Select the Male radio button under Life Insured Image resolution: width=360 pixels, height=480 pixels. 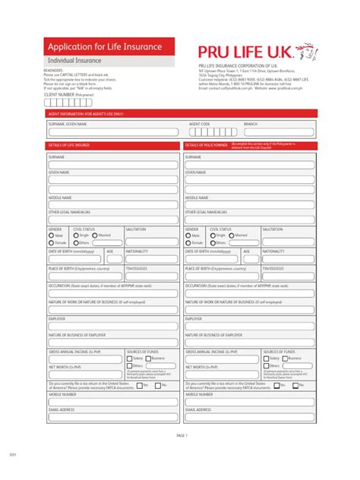(52, 235)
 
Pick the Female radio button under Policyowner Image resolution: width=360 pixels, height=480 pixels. (188, 243)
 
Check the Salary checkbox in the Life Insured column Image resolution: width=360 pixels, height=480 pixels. (130, 358)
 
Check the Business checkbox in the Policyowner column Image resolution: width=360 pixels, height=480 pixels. (286, 358)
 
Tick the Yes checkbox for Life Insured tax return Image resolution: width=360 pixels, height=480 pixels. (138, 385)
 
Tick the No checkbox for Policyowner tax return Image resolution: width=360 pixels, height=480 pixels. (295, 385)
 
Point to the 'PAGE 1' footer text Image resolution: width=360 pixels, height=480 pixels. (182, 435)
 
